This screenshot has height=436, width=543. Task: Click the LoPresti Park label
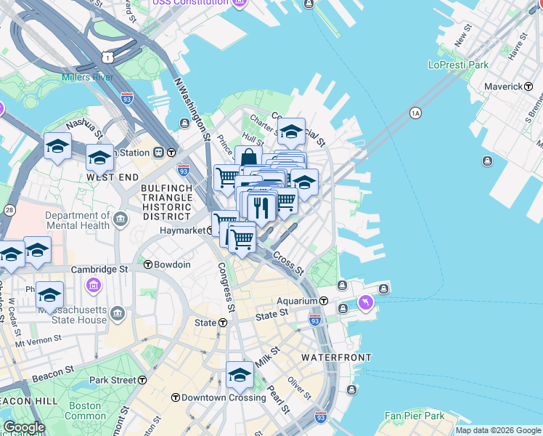(x=458, y=65)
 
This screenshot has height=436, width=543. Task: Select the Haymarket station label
(x=184, y=231)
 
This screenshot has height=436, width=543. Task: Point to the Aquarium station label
(x=297, y=301)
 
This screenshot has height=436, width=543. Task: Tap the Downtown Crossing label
(x=223, y=397)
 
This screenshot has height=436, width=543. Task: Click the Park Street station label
(x=113, y=380)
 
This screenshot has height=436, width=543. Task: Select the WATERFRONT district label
(x=336, y=358)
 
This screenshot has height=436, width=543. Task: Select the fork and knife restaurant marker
(x=262, y=207)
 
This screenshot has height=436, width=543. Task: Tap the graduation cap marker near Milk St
(x=240, y=375)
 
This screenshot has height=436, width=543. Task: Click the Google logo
(x=24, y=427)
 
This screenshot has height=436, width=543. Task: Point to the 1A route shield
(x=415, y=113)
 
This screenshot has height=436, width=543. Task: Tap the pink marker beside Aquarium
(x=365, y=303)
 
